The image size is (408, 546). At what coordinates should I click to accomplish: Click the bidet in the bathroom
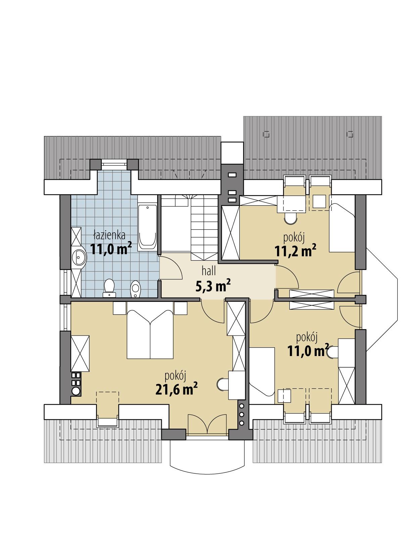click(x=135, y=288)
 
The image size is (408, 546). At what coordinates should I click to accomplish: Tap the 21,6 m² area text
click(x=176, y=389)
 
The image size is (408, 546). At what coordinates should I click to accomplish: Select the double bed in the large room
click(x=150, y=334)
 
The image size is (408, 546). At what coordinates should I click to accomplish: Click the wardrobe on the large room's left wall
click(x=80, y=353)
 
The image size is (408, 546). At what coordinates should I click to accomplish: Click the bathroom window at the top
click(x=114, y=164)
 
